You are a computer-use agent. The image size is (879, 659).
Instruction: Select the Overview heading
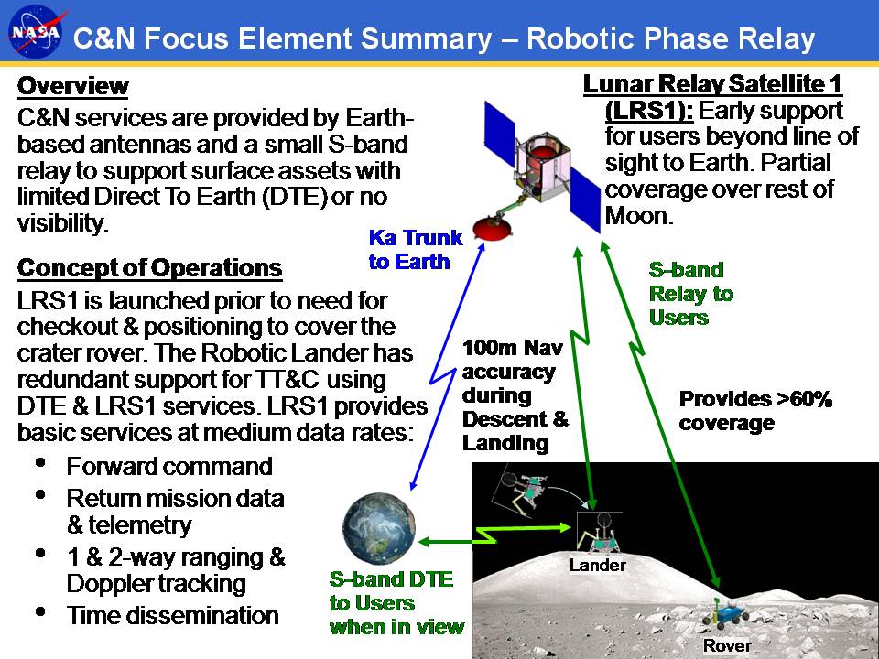pos(73,86)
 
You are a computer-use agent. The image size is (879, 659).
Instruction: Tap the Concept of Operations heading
pos(149,268)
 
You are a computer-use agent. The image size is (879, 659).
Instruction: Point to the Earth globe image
pos(379,528)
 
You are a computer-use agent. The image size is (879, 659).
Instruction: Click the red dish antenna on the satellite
pos(492,227)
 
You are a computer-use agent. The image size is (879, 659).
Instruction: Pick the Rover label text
pos(727,645)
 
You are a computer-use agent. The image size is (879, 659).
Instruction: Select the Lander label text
pos(598,565)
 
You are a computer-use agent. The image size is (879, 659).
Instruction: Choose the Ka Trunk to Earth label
pos(416,249)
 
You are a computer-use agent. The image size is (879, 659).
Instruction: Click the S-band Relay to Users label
pos(691,294)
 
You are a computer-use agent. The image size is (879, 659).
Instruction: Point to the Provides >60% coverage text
pos(755,411)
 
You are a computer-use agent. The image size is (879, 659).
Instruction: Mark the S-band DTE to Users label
pos(396,603)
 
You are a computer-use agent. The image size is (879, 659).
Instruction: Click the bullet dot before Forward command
pos(40,463)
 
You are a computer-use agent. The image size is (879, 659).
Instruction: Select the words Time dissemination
pos(173,615)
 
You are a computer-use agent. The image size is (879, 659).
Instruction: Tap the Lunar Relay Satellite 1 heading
pos(712,84)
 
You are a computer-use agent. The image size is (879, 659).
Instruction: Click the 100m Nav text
pos(513,348)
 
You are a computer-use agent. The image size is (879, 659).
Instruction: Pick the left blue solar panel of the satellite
pos(500,134)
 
